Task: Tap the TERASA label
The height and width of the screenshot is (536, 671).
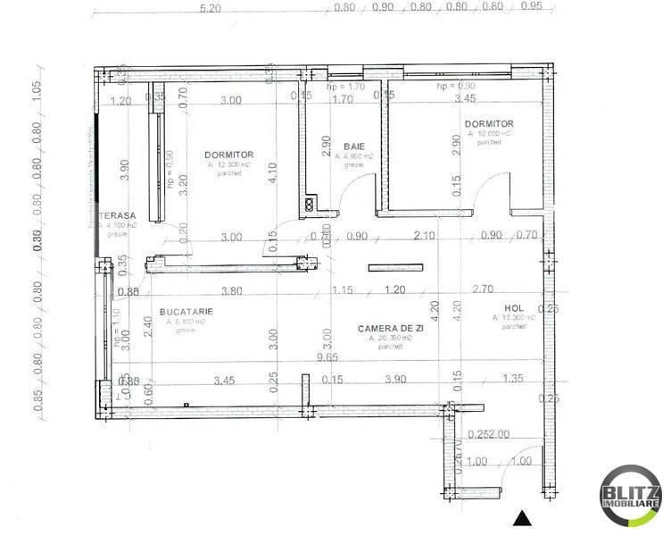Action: point(116,216)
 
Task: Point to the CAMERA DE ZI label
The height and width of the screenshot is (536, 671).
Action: point(384,329)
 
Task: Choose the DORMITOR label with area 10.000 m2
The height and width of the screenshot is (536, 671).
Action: point(488,123)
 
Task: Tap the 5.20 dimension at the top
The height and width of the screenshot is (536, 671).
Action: point(211,8)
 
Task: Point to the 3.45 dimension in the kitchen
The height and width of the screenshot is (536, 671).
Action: point(224,381)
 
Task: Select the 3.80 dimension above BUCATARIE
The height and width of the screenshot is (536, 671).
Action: point(231,290)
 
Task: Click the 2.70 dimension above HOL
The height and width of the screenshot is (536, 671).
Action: point(483,290)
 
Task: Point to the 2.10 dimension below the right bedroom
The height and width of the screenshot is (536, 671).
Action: point(424,237)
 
